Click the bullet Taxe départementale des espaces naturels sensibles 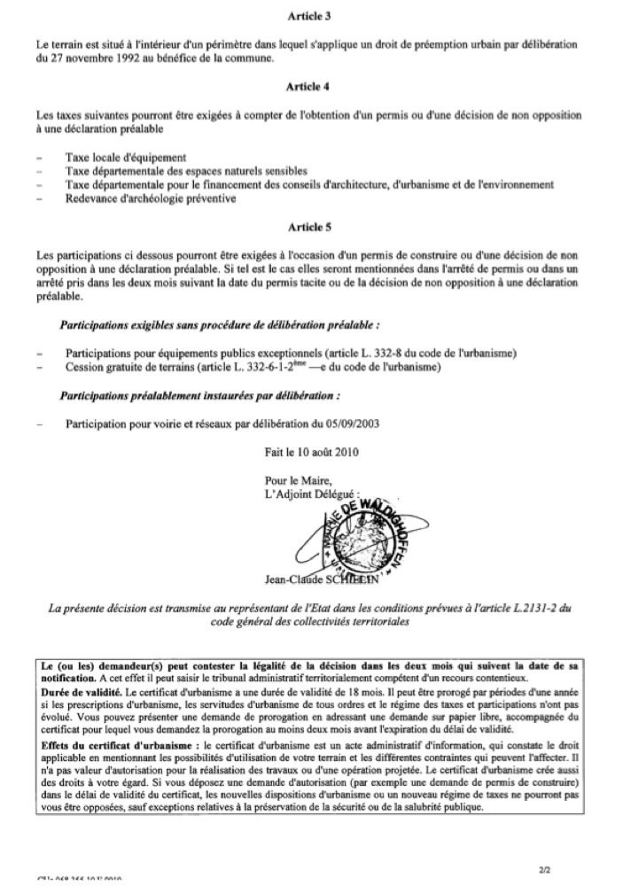coord(186,171)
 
